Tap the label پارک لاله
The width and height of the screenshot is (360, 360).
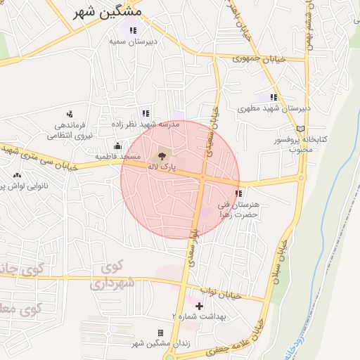pyautogui.click(x=158, y=167)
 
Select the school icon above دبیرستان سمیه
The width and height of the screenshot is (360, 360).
pyautogui.click(x=131, y=30)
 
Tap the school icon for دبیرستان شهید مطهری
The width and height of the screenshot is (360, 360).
pyautogui.click(x=273, y=97)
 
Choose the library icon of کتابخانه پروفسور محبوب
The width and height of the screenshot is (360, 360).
pyautogui.click(x=301, y=129)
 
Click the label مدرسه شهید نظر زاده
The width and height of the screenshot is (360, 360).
pyautogui.click(x=146, y=124)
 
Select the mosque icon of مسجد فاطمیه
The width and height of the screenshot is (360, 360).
pyautogui.click(x=117, y=146)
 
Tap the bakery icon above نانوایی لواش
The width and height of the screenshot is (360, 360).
pyautogui.click(x=17, y=174)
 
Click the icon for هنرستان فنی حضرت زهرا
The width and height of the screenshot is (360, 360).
pyautogui.click(x=238, y=193)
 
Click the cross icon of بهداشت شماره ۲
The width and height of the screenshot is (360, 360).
pyautogui.click(x=199, y=306)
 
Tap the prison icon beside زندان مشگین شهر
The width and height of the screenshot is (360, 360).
pyautogui.click(x=160, y=333)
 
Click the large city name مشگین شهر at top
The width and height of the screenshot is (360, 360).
pyautogui.click(x=107, y=12)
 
